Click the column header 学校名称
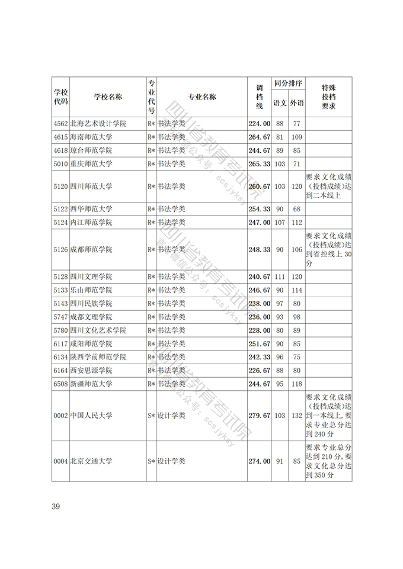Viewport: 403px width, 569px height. point(108,97)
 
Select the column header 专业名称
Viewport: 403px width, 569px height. point(202,97)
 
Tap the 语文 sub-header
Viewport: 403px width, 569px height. point(280,103)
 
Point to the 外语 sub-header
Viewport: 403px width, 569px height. point(297,103)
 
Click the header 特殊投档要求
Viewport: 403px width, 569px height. point(328,97)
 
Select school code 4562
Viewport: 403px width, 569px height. point(60,124)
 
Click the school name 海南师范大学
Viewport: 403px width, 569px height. point(91,137)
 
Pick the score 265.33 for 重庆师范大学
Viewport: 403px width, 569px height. point(259,164)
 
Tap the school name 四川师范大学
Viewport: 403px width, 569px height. point(91,187)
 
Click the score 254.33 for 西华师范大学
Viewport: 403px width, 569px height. point(259,210)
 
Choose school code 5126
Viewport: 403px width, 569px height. point(60,250)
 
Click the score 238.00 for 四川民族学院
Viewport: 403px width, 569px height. point(259,304)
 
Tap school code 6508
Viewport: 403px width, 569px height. point(60,384)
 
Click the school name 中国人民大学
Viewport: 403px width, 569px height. point(91,416)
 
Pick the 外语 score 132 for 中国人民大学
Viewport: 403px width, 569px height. point(297,416)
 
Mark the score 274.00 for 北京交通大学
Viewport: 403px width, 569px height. point(259,461)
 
